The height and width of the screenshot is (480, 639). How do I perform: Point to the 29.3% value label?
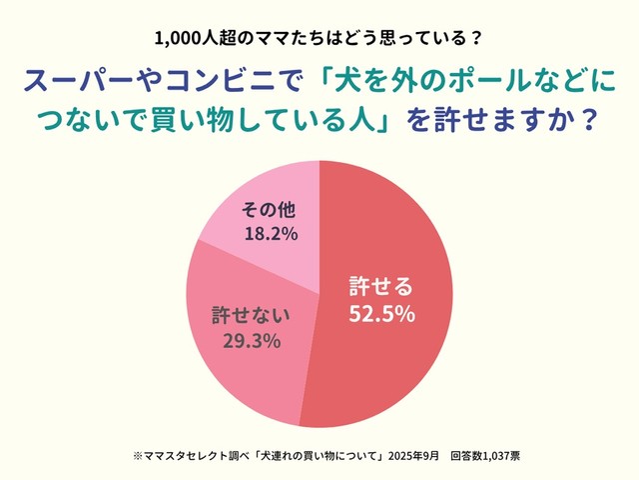tap(251, 341)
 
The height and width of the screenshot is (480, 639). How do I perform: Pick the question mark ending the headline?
tap(588, 121)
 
